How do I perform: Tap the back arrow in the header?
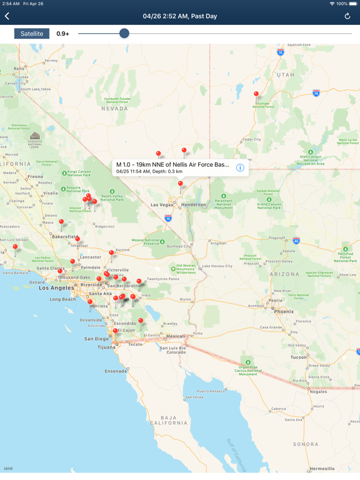click(7, 16)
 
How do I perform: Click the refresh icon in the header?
click(347, 16)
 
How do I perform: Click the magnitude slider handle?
click(124, 33)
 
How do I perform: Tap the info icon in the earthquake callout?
click(240, 167)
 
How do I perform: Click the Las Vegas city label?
click(162, 204)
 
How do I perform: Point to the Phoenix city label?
click(283, 311)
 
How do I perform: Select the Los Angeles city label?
click(57, 288)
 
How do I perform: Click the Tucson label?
click(299, 357)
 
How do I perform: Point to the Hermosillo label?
click(322, 468)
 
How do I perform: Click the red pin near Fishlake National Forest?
click(256, 94)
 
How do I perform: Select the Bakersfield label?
click(64, 237)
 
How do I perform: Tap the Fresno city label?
click(35, 176)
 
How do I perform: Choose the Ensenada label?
click(116, 371)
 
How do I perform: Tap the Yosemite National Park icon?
click(35, 136)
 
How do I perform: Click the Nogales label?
click(317, 391)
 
